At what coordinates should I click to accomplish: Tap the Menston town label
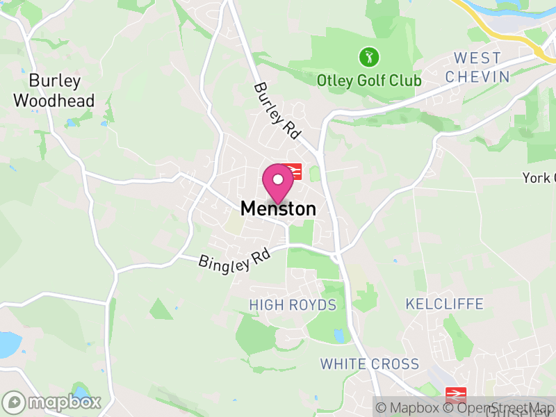click(278, 208)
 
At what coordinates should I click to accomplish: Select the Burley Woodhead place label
click(54, 90)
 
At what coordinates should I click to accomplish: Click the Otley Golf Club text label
click(369, 81)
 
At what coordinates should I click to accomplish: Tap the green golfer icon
click(369, 56)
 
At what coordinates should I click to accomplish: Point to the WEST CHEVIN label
click(477, 67)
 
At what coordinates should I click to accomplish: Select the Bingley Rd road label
click(234, 261)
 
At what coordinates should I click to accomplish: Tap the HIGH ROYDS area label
click(293, 305)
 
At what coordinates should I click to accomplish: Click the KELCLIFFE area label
click(444, 304)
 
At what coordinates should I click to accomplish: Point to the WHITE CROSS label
click(370, 364)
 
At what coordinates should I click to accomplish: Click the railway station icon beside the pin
click(293, 171)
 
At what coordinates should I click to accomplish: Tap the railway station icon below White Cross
click(456, 394)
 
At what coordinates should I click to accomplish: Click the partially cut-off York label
click(539, 179)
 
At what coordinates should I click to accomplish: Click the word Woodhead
click(54, 101)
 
